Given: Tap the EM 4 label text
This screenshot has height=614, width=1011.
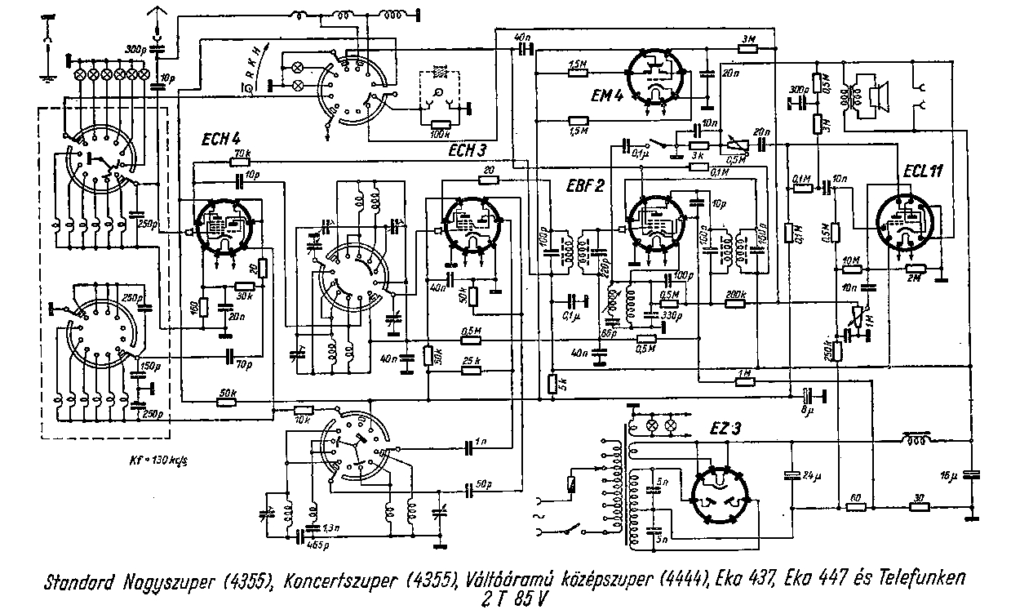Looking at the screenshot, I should point(607,96).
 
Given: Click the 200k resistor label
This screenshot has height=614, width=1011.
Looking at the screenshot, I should point(736,292).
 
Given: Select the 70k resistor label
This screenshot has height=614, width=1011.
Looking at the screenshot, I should point(242,154).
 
